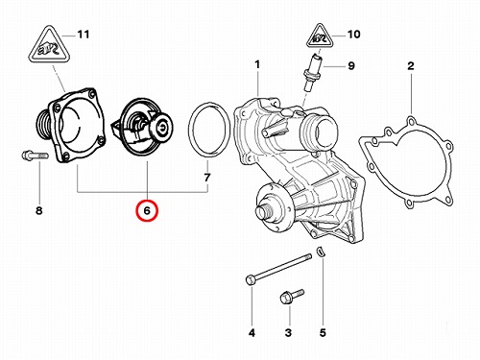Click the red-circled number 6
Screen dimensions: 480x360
tap(147, 211)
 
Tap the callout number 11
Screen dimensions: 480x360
tap(84, 35)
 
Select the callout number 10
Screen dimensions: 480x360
tap(353, 35)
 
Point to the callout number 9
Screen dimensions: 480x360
tap(351, 66)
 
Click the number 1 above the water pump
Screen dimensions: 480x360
tap(257, 64)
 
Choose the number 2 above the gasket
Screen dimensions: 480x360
tap(411, 66)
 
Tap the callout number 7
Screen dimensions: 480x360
tap(207, 178)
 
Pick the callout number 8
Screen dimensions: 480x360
tap(38, 211)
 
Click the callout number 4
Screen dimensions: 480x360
tap(252, 333)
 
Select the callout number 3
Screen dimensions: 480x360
tap(288, 333)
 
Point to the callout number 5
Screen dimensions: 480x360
tap(323, 333)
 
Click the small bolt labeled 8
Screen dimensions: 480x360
tap(35, 156)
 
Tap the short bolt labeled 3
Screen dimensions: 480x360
tap(292, 297)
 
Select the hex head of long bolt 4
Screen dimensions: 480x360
tap(251, 280)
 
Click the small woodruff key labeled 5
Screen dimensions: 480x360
tap(321, 252)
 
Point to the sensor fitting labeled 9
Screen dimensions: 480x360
tap(312, 73)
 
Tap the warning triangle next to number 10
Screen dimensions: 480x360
tap(320, 36)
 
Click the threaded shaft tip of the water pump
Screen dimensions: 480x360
tap(262, 213)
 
